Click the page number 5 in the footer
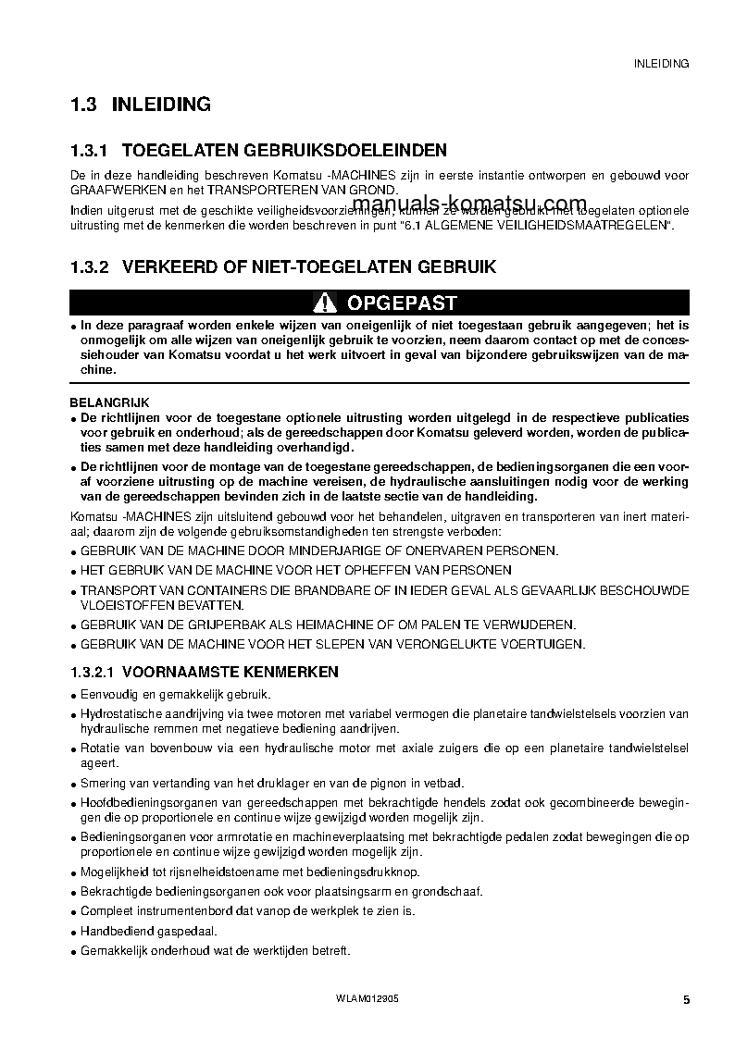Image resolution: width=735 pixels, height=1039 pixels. pos(686,999)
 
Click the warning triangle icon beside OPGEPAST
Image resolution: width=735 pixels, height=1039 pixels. pos(325,303)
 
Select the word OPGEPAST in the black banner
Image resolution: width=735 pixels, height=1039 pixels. pos(401,303)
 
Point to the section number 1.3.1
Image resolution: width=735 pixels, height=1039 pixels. pos(90,150)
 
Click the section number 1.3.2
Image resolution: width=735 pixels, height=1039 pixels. pos(90,267)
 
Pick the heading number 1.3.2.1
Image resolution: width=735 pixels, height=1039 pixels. pos(93,671)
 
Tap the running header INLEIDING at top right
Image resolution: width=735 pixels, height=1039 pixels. pos(661,64)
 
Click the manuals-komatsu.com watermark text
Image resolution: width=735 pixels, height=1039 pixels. pos(469,204)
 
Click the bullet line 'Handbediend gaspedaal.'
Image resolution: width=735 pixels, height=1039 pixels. pos(136,931)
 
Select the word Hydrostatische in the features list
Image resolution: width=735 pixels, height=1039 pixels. pos(116,713)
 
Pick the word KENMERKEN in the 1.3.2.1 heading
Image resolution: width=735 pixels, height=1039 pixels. pos(293,671)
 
